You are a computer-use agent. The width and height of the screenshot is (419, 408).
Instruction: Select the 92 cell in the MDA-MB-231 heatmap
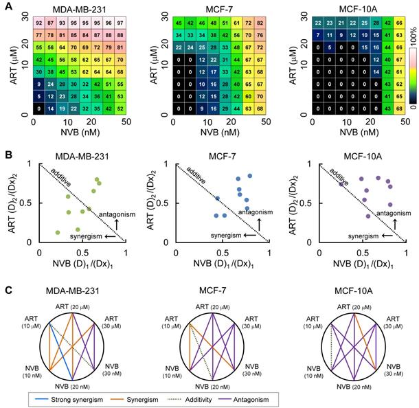[x=40, y=23]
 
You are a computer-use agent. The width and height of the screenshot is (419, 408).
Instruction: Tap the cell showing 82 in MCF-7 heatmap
[x=260, y=23]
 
